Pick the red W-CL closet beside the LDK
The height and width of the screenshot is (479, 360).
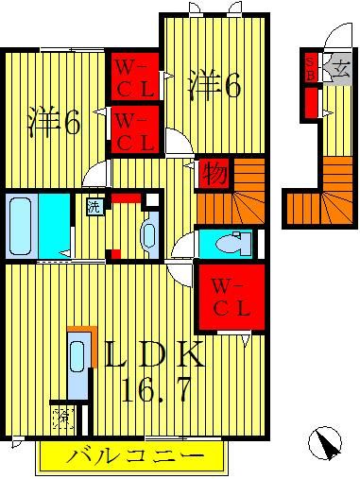[x=230, y=296]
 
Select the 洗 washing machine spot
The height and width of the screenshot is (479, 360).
[x=94, y=207]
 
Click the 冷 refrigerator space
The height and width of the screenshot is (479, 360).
[x=61, y=416]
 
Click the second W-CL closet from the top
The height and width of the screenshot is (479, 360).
[x=134, y=129]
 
